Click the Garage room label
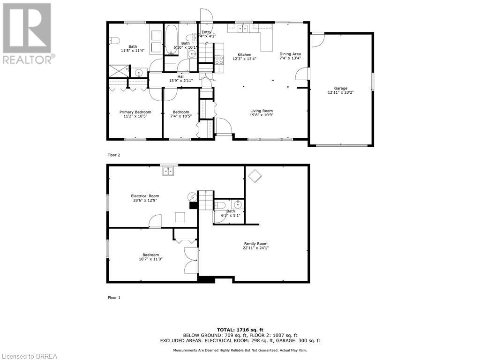(340, 88)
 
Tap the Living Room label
(262, 111)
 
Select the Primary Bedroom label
(135, 112)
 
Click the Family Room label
(255, 244)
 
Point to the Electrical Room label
(144, 196)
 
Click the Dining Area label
(290, 54)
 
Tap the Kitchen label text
(244, 55)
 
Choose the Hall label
(180, 76)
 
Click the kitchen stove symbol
(218, 60)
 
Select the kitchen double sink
(242, 29)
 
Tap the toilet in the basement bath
(220, 205)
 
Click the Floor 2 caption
(114, 155)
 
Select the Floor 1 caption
(114, 297)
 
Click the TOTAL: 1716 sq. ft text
(240, 330)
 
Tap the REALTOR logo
(28, 33)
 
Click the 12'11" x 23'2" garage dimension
(340, 93)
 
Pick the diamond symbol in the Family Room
(255, 176)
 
